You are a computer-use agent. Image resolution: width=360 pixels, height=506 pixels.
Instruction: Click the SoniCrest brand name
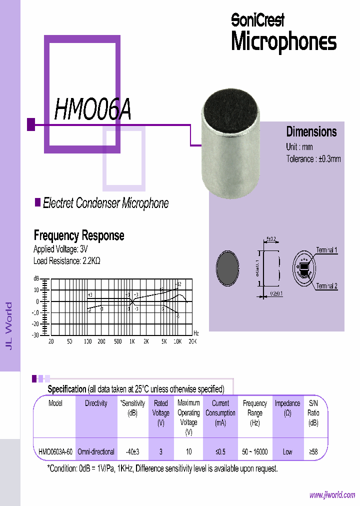258,19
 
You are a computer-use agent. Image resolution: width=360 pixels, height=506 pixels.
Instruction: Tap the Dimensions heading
311,132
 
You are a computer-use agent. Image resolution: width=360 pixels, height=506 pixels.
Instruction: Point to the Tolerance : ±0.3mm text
313,159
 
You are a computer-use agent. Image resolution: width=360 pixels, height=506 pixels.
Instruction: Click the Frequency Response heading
78,235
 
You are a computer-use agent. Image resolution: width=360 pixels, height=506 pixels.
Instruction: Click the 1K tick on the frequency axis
132,341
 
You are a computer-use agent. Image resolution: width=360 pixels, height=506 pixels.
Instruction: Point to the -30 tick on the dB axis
35,335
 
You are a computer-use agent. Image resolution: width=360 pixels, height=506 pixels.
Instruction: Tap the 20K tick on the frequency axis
192,341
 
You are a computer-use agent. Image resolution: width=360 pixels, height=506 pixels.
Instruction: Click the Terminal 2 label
326,286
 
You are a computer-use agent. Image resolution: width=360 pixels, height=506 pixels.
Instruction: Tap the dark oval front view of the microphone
228,268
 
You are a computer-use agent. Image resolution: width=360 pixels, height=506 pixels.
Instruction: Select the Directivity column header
96,403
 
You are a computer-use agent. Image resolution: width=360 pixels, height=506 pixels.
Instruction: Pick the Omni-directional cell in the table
96,451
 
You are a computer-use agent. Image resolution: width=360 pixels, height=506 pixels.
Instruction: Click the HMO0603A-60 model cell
55,451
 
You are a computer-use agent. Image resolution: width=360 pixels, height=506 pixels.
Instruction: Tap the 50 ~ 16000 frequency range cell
255,451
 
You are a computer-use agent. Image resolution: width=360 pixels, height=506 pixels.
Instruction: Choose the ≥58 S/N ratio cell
313,451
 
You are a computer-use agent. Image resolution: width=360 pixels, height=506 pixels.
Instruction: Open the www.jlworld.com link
332,495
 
